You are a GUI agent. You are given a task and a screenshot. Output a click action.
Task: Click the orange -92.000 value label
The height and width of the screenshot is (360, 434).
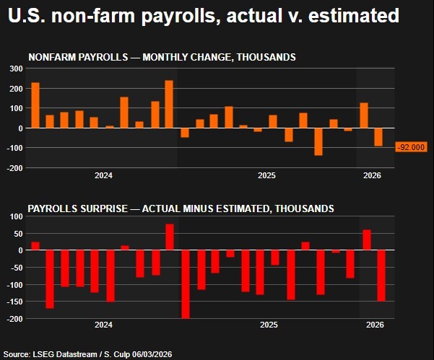[412, 147]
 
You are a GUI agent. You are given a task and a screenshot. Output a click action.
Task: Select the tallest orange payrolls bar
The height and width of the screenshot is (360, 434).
[169, 104]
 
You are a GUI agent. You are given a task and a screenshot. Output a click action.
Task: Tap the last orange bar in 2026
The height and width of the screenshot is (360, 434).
[378, 137]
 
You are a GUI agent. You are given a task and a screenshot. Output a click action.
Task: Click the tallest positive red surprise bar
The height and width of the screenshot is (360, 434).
[170, 237]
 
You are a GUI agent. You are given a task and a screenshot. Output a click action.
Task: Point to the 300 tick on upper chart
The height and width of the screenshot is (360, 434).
[16, 69]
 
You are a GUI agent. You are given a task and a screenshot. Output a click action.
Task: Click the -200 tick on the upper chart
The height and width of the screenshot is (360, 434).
[14, 168]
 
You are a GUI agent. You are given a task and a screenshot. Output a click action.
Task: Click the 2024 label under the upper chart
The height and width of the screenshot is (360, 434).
[103, 175]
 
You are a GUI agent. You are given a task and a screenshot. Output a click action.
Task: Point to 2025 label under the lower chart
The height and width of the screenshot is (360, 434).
[268, 326]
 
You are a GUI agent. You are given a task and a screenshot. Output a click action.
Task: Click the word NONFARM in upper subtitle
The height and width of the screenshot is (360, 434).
[51, 57]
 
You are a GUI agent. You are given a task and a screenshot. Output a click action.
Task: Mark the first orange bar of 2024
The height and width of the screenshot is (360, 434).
[35, 105]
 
